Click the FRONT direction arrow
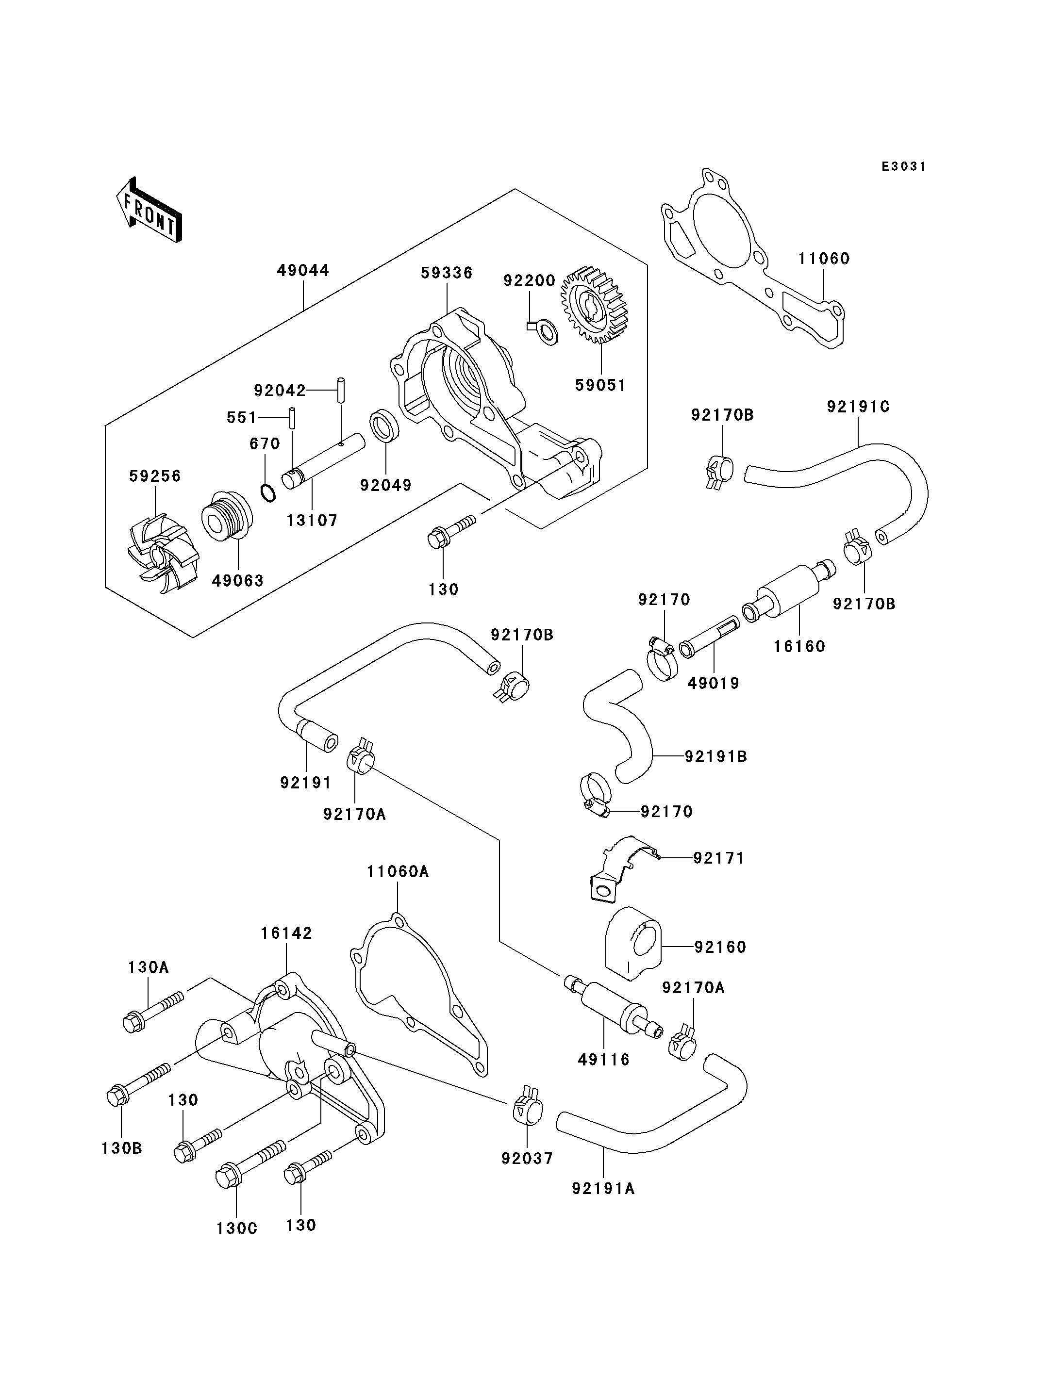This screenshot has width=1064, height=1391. pos(150,210)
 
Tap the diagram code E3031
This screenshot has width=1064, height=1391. pos(904,166)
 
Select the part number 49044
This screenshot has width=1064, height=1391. pos(303,270)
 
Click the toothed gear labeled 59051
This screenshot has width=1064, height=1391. pos(594,306)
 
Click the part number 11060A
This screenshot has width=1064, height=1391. pos(397,872)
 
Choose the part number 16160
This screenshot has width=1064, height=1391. pos(799,646)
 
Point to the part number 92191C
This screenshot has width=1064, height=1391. pos(858,407)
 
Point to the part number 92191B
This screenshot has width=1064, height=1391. pos(715,756)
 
